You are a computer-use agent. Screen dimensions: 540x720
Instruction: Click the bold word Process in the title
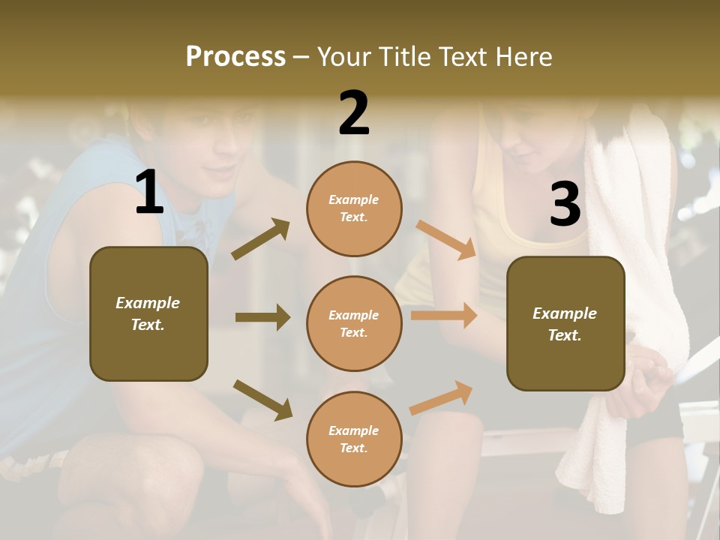[235, 57]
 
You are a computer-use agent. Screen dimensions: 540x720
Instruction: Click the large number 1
[149, 193]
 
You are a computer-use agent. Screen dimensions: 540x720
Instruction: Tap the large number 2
[354, 113]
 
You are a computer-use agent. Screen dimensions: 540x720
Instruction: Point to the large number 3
[565, 205]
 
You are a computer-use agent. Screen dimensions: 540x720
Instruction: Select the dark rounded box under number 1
[148, 313]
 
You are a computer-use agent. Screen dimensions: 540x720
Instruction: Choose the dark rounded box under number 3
[565, 324]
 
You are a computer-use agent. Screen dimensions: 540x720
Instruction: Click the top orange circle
[354, 208]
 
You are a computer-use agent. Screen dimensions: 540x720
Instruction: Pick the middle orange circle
[354, 324]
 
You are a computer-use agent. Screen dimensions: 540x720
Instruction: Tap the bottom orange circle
[354, 439]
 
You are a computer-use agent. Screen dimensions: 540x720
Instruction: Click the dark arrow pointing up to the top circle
[260, 239]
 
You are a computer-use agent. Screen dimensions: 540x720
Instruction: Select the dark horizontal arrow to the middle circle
[262, 317]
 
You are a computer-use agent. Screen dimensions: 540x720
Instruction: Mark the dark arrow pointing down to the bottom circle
[262, 399]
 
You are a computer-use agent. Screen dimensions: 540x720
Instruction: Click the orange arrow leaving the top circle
[446, 239]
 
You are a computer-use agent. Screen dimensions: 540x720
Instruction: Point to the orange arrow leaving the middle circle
[444, 316]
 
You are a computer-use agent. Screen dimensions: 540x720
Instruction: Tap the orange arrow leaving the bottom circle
[442, 398]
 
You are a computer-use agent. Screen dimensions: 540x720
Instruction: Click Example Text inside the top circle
[354, 208]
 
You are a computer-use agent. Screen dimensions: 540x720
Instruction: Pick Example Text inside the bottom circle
[354, 439]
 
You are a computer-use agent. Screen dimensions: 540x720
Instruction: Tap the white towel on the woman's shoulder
[637, 225]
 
